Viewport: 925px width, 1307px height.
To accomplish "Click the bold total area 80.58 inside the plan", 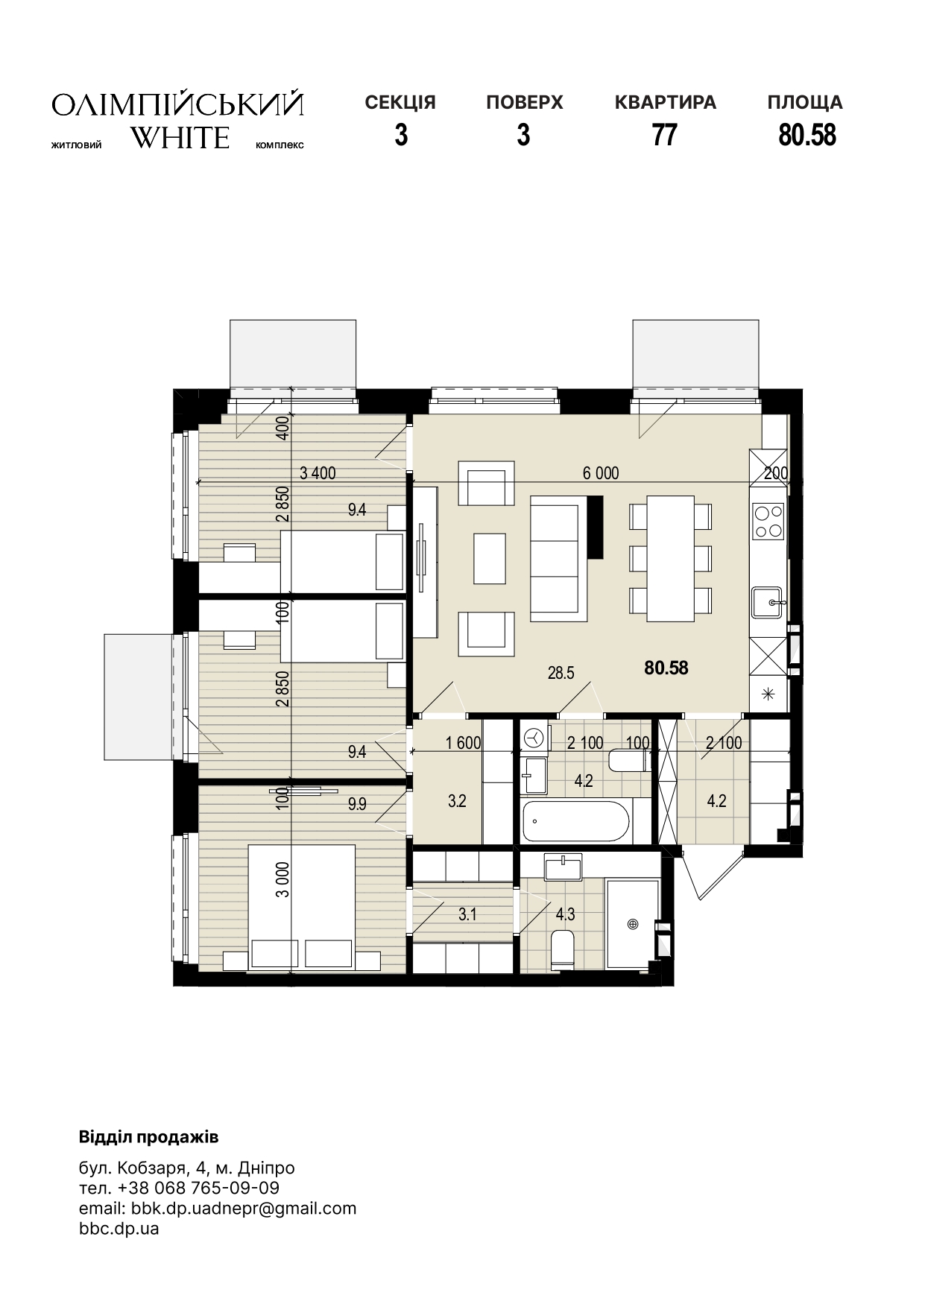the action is [x=666, y=668].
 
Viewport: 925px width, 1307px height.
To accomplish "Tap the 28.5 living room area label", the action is [x=561, y=673].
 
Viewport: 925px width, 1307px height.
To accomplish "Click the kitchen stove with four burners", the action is [x=768, y=521].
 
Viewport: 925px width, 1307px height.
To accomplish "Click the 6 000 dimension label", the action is [x=601, y=473].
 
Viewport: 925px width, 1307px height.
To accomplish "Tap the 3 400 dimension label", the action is [x=318, y=472].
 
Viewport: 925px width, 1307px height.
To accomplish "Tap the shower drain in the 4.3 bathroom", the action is [x=633, y=925].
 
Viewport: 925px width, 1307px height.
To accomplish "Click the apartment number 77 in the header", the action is [x=664, y=135].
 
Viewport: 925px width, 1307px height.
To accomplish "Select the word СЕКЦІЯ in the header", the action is [x=400, y=102].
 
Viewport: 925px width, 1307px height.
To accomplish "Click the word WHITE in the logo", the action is [x=180, y=138].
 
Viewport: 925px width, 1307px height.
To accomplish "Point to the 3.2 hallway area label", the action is [x=457, y=801].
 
